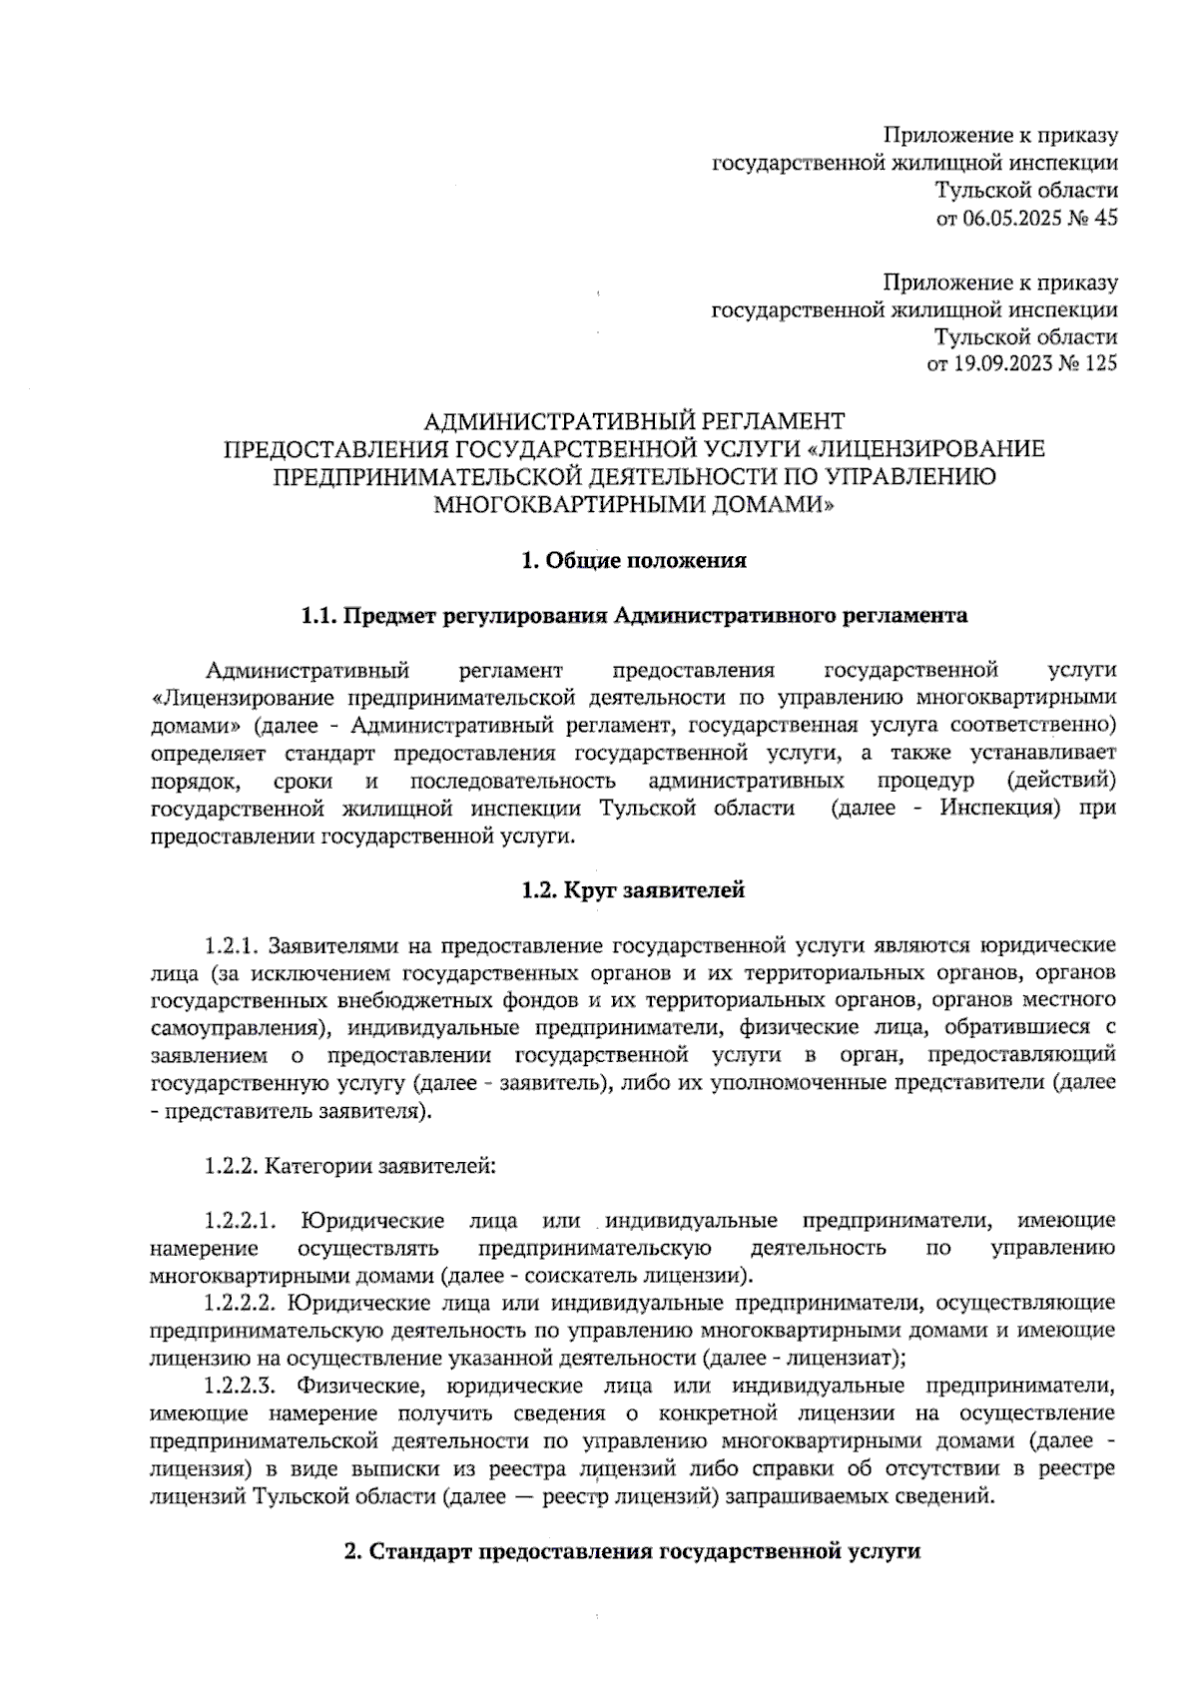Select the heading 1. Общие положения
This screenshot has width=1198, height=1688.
634,561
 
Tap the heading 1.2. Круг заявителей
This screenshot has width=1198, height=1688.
634,889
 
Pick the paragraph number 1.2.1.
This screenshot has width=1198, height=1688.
232,945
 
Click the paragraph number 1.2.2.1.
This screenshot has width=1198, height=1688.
240,1221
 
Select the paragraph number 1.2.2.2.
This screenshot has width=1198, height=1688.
240,1303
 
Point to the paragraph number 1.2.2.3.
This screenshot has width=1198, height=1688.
240,1386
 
